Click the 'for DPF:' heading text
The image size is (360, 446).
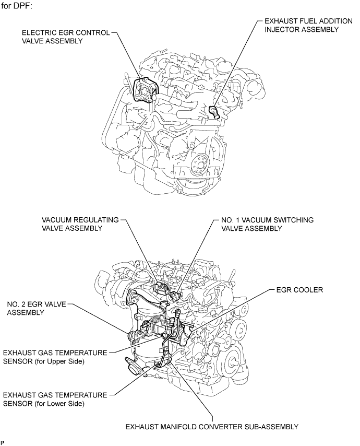pyautogui.click(x=17, y=5)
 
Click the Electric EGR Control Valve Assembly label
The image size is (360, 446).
pyautogui.click(x=66, y=37)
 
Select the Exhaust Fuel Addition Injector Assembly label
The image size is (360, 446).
pyautogui.click(x=308, y=25)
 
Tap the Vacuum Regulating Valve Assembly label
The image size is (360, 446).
pyautogui.click(x=80, y=224)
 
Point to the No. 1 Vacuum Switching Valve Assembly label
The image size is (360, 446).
pyautogui.click(x=267, y=224)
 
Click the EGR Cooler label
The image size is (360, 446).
pyautogui.click(x=299, y=290)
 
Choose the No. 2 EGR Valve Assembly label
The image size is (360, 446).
pyautogui.click(x=37, y=308)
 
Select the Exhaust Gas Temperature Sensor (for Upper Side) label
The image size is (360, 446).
pyautogui.click(x=55, y=357)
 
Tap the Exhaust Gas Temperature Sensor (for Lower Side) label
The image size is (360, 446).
pyautogui.click(x=55, y=399)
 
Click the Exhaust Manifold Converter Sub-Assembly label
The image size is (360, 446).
pyautogui.click(x=212, y=427)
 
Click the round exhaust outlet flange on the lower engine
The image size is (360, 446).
pyautogui.click(x=131, y=369)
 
